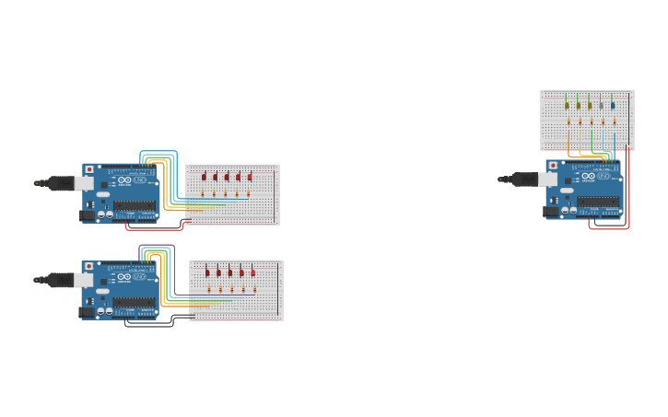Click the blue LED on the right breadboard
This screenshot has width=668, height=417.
pos(613,105)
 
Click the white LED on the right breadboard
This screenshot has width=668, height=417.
pos(602,105)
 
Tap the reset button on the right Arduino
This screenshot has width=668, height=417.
pos(554,166)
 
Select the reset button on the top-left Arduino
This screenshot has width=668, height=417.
pos(89,168)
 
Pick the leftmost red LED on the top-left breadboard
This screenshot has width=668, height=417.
pos(205,176)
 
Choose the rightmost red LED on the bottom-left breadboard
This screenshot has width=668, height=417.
pos(253,272)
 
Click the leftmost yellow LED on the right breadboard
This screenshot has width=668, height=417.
pos(568,105)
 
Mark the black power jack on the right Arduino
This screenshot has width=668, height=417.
pos(552,212)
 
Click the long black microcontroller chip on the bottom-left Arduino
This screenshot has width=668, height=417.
pos(134,303)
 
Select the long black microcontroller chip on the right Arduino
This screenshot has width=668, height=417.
pos(598,203)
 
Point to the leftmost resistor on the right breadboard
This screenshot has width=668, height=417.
pos(568,122)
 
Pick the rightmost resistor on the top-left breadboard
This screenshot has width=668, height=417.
pos(248,193)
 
